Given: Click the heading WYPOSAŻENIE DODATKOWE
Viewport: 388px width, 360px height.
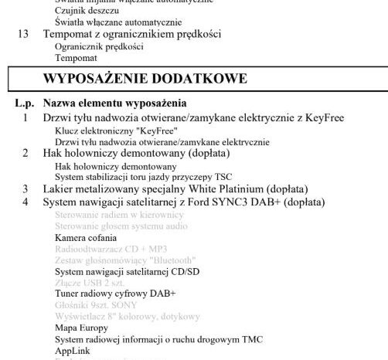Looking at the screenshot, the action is point(145,79).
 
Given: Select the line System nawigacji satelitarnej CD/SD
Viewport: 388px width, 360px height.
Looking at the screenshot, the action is point(127,272).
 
